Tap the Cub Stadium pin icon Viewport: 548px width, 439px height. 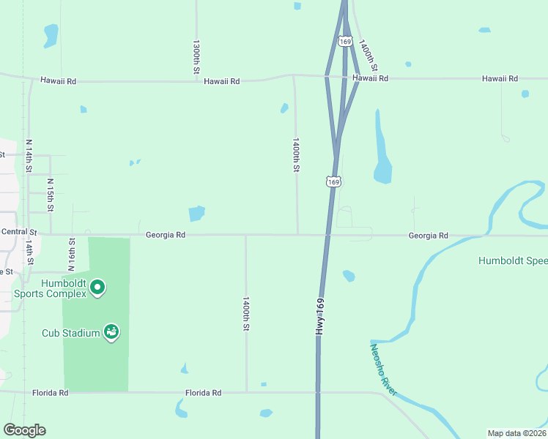tap(111, 332)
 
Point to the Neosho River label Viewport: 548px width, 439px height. tap(383, 370)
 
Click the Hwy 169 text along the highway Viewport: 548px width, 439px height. tap(320, 317)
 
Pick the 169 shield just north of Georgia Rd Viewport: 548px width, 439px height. tap(333, 181)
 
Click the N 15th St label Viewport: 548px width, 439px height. tap(50, 194)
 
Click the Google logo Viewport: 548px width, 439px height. tap(24, 430)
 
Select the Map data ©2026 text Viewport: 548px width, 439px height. tap(516, 432)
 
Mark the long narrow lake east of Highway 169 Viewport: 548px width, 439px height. tap(381, 150)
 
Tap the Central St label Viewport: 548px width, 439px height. tap(14, 231)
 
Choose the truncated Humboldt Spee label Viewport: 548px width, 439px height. tap(512, 260)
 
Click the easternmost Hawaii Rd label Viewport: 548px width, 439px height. tap(500, 78)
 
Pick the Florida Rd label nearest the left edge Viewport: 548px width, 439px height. tap(50, 393)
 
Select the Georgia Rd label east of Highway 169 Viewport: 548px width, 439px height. tap(428, 236)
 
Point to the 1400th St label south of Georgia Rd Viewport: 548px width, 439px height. tap(246, 313)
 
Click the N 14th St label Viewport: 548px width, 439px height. tap(29, 156)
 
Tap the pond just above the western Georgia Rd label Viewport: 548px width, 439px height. tap(196, 214)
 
